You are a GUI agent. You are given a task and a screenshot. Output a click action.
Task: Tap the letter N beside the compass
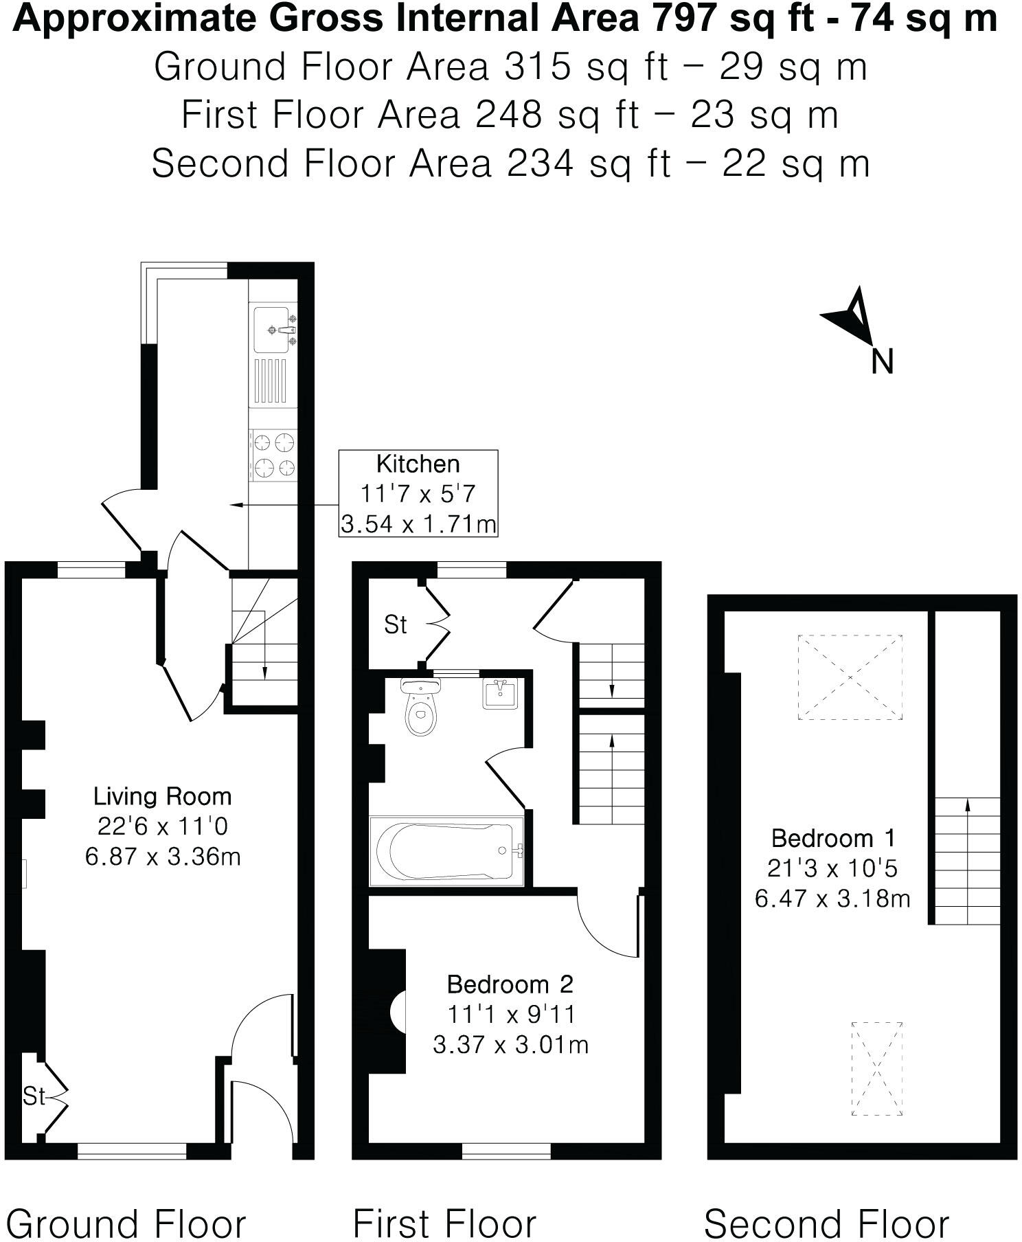(x=882, y=362)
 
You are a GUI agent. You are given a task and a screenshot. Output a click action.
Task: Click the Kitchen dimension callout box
(x=418, y=493)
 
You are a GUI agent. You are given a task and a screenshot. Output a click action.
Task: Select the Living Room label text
(x=162, y=797)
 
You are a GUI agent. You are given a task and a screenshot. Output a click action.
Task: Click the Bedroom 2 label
(x=510, y=984)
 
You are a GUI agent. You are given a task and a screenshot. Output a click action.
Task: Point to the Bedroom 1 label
(x=832, y=838)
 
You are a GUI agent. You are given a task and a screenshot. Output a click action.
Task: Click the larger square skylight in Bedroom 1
(x=850, y=677)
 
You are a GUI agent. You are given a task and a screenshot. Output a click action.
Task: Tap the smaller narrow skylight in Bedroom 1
(x=876, y=1068)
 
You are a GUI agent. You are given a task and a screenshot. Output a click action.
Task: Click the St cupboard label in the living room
(x=33, y=1096)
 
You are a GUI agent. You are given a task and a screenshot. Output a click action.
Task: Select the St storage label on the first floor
(x=396, y=624)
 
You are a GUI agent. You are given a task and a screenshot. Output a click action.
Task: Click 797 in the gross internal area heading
(x=683, y=19)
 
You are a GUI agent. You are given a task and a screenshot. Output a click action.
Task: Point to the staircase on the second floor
(x=967, y=860)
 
